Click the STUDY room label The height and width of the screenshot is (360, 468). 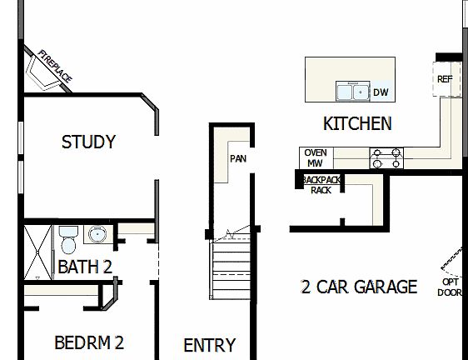coord(88,142)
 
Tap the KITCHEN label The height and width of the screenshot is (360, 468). coord(357,124)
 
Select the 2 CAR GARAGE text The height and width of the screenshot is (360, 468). coord(359,287)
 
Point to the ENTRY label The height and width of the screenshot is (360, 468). coord(209,345)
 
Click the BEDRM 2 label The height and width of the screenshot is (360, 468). coord(89,342)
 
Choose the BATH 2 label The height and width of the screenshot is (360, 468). coord(85,267)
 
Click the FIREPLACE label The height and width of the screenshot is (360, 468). coord(55,67)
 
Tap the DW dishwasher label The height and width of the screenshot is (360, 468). coord(381,92)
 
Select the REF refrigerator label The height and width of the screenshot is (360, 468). coord(444,79)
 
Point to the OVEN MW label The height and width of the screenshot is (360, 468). coord(316,158)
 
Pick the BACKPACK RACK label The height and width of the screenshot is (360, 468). coord(321,184)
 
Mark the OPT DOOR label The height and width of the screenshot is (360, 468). coord(450,287)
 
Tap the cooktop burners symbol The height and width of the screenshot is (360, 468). coord(386,157)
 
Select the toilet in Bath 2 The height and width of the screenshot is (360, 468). coord(67,239)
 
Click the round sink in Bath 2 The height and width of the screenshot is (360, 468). coord(97,234)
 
